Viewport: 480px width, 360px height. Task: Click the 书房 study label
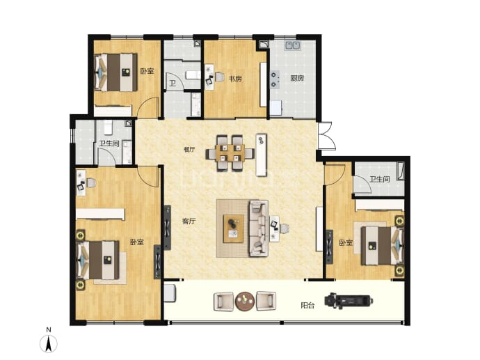[235, 79]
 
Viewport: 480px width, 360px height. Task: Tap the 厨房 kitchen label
[297, 78]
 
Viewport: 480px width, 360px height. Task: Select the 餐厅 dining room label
[189, 150]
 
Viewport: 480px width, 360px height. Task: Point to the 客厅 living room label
[189, 221]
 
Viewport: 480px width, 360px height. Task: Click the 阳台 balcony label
[307, 306]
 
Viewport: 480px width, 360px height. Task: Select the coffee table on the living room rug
[234, 228]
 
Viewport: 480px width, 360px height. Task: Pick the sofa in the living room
[259, 228]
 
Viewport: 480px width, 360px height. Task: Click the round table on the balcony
[245, 301]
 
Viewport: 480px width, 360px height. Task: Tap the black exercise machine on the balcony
[349, 301]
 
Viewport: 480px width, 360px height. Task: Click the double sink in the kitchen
[293, 45]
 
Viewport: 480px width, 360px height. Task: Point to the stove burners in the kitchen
[275, 79]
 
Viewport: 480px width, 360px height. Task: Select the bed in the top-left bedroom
[115, 72]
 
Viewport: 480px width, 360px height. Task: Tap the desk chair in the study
[220, 77]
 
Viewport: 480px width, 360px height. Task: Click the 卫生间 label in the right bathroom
[380, 179]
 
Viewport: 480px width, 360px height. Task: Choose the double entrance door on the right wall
[325, 136]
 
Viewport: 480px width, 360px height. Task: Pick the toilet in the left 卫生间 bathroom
[108, 127]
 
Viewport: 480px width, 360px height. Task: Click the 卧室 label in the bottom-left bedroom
[136, 242]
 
